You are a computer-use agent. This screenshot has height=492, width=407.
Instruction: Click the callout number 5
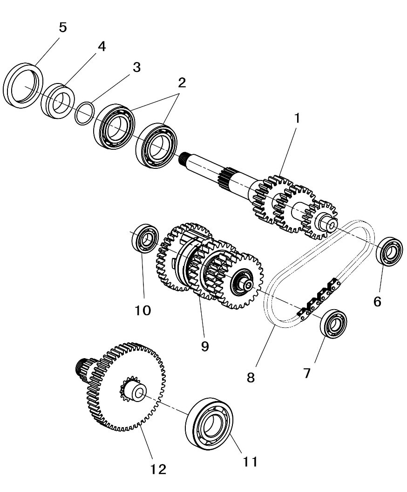[x=62, y=27]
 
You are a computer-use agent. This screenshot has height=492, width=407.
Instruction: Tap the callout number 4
[x=101, y=46]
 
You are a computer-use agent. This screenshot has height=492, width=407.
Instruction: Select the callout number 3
[x=136, y=67]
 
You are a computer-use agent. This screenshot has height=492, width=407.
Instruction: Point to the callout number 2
[x=181, y=83]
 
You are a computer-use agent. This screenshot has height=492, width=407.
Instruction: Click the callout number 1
[x=296, y=118]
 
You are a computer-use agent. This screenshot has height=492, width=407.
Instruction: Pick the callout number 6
[x=377, y=301]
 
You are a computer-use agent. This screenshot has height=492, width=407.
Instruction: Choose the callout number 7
[x=306, y=373]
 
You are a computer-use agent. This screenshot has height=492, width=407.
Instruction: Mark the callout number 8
[x=251, y=377]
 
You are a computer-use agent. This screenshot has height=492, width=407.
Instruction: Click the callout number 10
[x=143, y=310]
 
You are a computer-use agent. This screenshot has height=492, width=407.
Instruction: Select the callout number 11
[x=250, y=461]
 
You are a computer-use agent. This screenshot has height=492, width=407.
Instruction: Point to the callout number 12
[x=159, y=469]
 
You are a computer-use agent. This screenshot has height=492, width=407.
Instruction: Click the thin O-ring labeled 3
[x=85, y=114]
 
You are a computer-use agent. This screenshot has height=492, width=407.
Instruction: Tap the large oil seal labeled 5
[x=23, y=86]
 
